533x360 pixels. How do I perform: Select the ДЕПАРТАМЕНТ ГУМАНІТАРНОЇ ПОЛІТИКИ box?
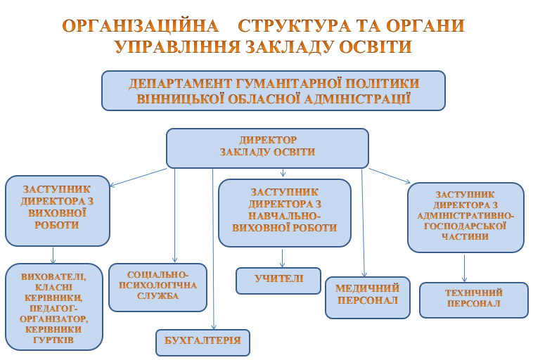[x=274, y=91]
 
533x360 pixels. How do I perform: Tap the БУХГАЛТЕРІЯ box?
[x=203, y=342]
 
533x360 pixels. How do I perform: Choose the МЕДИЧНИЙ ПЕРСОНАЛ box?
[x=367, y=297]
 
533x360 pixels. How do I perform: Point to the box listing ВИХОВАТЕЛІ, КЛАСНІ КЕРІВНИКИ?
[x=53, y=307]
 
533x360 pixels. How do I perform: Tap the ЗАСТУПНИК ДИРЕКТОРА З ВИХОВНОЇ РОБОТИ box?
[x=58, y=210]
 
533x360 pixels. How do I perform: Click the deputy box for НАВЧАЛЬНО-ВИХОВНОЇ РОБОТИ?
[x=284, y=212]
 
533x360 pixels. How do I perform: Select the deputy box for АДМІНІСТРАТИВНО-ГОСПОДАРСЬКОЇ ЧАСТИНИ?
[x=465, y=217]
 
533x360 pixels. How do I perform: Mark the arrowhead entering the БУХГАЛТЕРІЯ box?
[x=213, y=326]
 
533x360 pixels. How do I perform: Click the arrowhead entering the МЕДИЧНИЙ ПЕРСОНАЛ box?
[x=364, y=274]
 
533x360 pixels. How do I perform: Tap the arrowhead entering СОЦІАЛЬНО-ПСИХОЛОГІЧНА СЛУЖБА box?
[x=174, y=260]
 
